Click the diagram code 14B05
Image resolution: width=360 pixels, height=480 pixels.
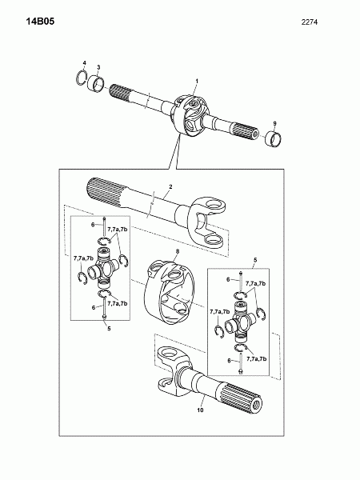(40, 22)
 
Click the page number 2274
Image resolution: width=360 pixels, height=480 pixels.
(309, 22)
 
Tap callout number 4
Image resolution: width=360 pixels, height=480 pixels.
(85, 63)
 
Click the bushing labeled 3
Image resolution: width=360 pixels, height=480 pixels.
(96, 83)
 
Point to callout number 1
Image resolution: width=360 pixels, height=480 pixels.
(197, 81)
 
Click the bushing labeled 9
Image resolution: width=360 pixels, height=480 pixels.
(274, 138)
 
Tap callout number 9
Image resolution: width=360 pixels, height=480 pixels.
(274, 123)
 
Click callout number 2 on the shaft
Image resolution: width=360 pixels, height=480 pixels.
(170, 186)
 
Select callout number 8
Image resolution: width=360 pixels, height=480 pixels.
(178, 251)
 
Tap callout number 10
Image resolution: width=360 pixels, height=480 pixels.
(200, 410)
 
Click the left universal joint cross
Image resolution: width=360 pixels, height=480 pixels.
(103, 269)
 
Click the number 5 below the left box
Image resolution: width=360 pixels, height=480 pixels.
(109, 329)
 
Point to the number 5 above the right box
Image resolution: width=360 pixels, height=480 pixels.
(255, 260)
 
